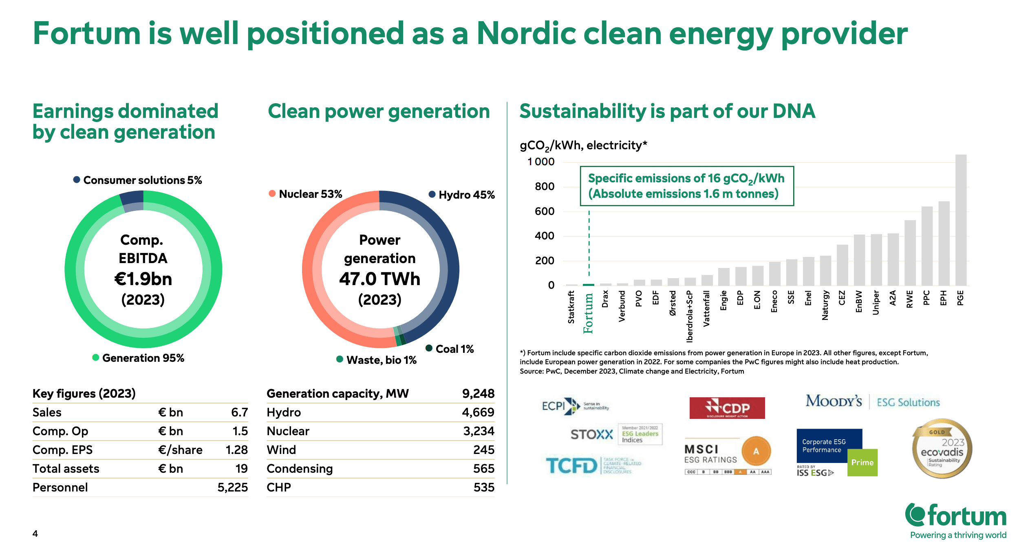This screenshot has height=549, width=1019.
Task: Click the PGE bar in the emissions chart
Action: point(961,220)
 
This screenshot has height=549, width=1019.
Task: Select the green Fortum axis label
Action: point(588,313)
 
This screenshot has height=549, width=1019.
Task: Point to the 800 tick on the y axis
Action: point(545,187)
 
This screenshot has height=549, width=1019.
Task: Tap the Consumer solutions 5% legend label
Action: point(142,180)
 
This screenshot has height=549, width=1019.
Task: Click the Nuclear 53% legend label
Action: point(310,194)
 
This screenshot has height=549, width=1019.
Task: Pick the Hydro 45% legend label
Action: point(466,195)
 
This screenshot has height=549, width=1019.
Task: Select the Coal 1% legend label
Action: point(454,349)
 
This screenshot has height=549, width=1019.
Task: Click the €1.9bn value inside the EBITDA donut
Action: point(143,279)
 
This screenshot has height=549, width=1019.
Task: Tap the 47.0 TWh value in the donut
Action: point(379,279)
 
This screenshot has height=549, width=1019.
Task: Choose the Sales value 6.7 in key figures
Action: point(239,412)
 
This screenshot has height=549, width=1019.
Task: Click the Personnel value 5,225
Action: point(232,487)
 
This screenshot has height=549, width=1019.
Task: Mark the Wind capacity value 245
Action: point(484,450)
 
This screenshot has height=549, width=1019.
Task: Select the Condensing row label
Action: point(300,469)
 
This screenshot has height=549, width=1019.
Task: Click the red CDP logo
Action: point(727,408)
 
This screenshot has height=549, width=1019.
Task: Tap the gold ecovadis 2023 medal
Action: point(942,449)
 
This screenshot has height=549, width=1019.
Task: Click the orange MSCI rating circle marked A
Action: point(756,451)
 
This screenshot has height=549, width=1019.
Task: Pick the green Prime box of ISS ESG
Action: point(862,463)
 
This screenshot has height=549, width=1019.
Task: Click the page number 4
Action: point(35,534)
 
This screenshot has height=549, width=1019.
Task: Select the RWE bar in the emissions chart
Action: point(910,253)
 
